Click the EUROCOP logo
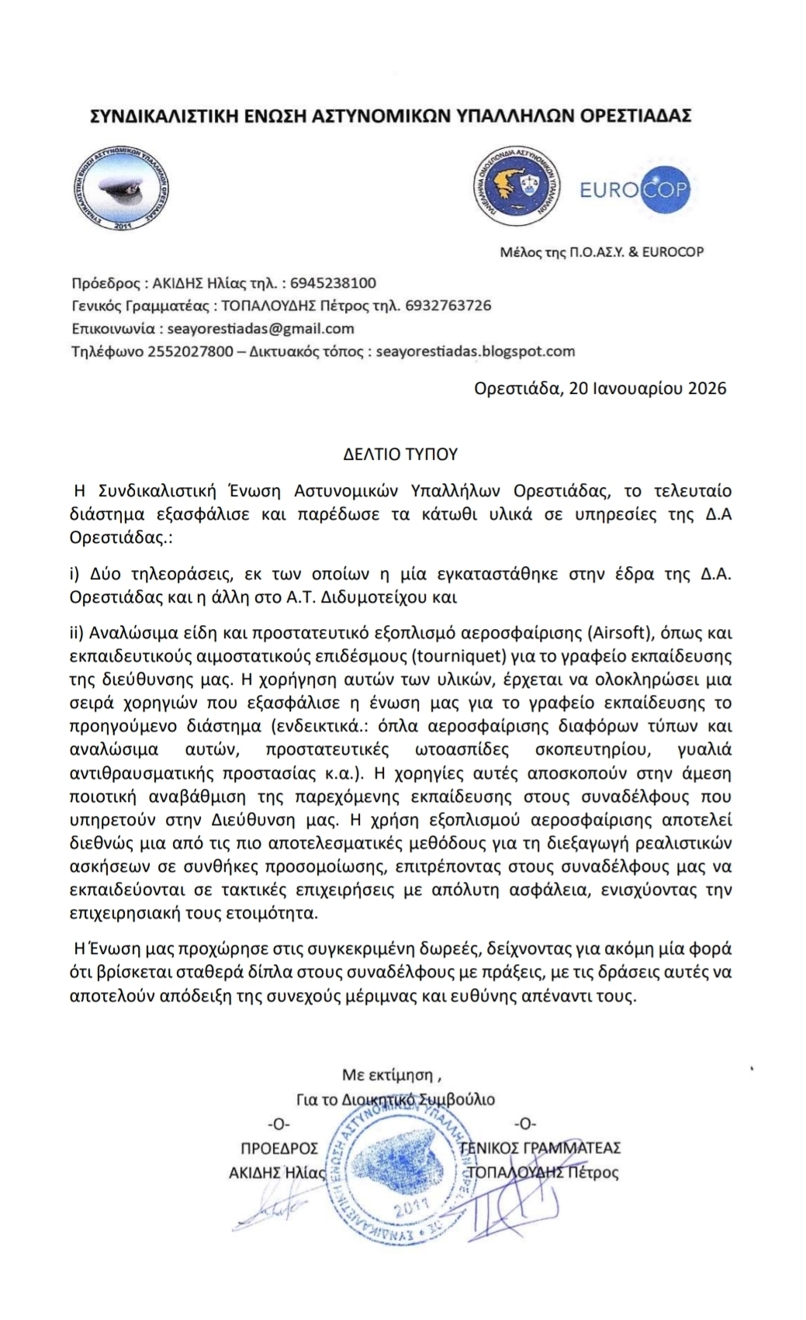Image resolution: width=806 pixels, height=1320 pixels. click(635, 189)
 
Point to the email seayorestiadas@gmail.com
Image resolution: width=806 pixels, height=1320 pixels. click(261, 328)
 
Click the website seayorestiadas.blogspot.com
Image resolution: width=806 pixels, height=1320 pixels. click(476, 351)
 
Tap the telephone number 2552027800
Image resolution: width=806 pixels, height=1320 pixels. click(190, 351)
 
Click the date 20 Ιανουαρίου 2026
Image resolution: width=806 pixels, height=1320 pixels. click(648, 388)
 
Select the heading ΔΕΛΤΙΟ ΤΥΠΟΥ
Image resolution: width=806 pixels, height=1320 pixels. click(401, 454)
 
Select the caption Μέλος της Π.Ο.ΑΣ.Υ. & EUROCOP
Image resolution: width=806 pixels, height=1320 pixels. click(602, 251)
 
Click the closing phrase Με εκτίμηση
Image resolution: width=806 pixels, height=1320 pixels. click(392, 1075)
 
